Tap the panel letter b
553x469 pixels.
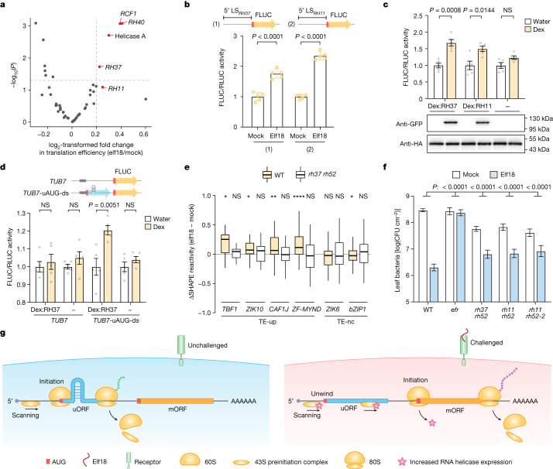(x=191, y=6)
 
